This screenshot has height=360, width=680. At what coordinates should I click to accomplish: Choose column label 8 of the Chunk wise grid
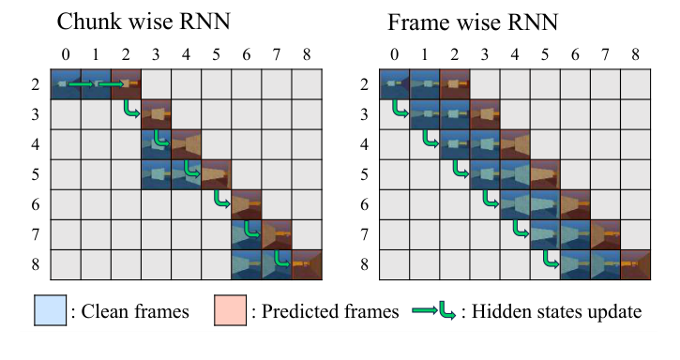[x=307, y=53]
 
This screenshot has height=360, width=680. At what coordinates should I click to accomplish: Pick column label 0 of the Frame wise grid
[x=395, y=53]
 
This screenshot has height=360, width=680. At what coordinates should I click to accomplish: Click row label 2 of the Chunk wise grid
[x=36, y=83]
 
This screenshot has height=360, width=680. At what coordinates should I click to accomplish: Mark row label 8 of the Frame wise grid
[x=365, y=264]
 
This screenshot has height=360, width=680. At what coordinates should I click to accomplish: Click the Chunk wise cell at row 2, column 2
[x=127, y=83]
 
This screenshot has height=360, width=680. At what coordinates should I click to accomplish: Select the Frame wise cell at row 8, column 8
[x=635, y=264]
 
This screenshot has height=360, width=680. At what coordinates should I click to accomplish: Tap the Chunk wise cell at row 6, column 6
[x=247, y=204]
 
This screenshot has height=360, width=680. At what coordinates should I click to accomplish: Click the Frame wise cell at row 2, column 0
[x=395, y=83]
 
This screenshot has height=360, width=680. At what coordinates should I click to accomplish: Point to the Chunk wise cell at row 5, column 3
[x=157, y=174]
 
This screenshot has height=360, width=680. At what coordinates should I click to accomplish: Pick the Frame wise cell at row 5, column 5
[x=545, y=174]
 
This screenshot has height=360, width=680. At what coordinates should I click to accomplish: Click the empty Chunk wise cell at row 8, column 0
[x=66, y=264]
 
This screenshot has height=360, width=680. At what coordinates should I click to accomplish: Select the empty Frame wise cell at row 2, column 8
[x=635, y=83]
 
